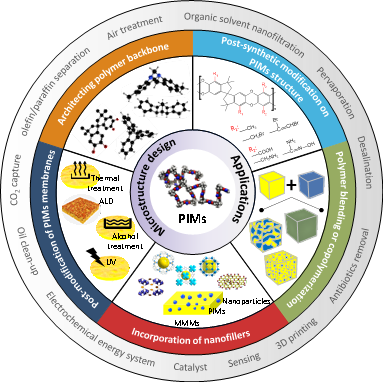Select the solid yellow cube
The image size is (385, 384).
[x=272, y=186]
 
